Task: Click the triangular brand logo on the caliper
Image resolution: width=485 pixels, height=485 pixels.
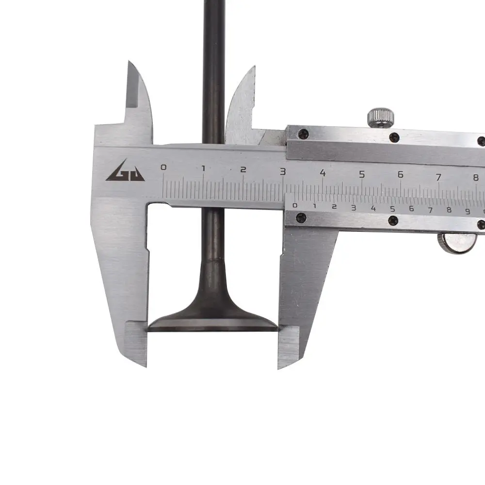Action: tap(125, 171)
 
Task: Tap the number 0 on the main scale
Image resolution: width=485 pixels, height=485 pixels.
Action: tap(163, 167)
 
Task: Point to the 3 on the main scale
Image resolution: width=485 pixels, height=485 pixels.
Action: tap(282, 171)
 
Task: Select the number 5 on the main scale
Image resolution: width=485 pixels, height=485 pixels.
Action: tap(362, 174)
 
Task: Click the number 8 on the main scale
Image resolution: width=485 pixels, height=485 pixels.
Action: tap(476, 178)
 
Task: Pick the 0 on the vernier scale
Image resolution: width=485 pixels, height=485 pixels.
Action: tap(294, 205)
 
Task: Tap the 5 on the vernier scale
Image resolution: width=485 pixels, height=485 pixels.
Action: tap(392, 209)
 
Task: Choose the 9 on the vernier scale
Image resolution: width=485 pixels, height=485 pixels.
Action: tap(468, 211)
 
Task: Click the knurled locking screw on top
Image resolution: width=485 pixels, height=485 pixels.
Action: tap(381, 117)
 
